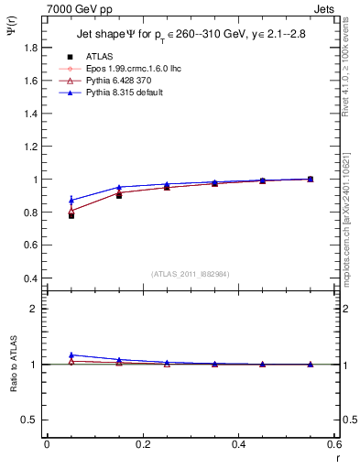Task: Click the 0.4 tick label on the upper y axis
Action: pos(31,278)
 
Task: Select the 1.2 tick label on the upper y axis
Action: pos(31,147)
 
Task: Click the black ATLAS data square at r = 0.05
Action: pos(71,215)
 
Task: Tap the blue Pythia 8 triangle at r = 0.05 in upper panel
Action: pos(71,200)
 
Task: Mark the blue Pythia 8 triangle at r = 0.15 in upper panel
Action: pos(119,187)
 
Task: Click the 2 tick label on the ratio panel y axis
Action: pos(36,309)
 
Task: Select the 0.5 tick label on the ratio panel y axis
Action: pos(31,420)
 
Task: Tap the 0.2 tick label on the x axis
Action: pos(142,444)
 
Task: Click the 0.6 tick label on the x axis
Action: pos(333,444)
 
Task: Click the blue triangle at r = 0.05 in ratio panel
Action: pos(71,354)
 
